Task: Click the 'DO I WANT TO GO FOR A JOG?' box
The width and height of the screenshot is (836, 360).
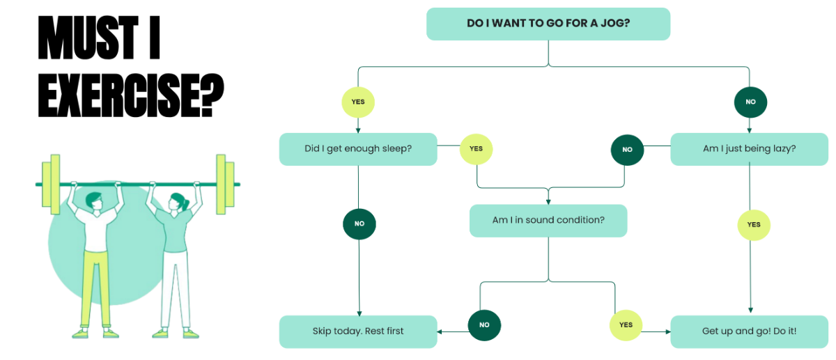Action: pyautogui.click(x=548, y=24)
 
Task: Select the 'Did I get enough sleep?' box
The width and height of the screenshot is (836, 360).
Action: pyautogui.click(x=358, y=149)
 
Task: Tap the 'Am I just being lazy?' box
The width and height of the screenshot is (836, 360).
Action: pyautogui.click(x=749, y=149)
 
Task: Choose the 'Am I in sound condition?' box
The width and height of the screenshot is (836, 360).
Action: pyautogui.click(x=548, y=220)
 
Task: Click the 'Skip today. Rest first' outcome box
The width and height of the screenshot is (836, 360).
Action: pyautogui.click(x=358, y=331)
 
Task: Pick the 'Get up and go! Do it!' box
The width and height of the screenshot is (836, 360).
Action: pyautogui.click(x=749, y=331)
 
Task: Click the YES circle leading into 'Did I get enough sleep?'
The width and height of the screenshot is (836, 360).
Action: pyautogui.click(x=358, y=102)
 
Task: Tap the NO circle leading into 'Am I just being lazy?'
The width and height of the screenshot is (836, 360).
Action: pyautogui.click(x=750, y=102)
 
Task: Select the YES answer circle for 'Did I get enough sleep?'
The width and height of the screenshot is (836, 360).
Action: pyautogui.click(x=477, y=149)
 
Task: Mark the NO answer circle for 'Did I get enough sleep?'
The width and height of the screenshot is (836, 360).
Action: pyautogui.click(x=359, y=224)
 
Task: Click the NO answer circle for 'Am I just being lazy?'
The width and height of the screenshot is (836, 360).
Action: pyautogui.click(x=627, y=150)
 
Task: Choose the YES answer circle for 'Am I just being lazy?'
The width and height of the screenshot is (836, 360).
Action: pyautogui.click(x=754, y=225)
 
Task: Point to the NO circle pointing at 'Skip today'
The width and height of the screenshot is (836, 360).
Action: pyautogui.click(x=484, y=325)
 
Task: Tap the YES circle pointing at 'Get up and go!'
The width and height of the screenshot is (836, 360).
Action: pyautogui.click(x=626, y=325)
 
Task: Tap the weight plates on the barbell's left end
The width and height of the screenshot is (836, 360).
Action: pyautogui.click(x=51, y=184)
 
